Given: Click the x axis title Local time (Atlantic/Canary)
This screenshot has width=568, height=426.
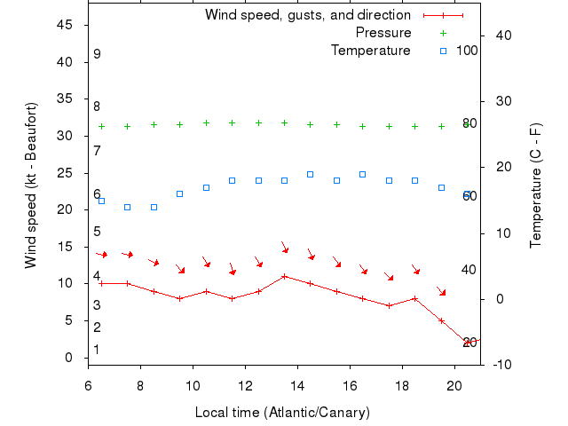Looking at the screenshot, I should coord(282,413).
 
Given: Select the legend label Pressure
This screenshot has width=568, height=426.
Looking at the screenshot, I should coord(383,33).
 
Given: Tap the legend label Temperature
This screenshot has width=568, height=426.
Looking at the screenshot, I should coord(371,51).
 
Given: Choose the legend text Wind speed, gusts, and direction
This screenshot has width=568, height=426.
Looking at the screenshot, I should coord(308,15).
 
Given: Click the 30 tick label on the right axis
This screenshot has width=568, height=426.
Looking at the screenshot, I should coord(501,101).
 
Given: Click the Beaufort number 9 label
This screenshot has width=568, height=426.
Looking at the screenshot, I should coord(97,54).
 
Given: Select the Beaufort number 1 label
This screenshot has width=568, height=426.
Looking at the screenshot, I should coord(97,350).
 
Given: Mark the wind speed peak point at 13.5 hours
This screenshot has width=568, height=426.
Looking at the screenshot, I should coord(284,276).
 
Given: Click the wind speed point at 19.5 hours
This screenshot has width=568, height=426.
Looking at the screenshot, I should coord(441,320).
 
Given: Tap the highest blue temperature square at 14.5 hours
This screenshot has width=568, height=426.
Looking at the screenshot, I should coord(310,174).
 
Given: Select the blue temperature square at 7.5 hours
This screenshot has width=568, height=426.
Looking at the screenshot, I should coord(127,207).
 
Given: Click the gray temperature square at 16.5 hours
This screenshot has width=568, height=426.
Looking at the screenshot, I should coord(362,174).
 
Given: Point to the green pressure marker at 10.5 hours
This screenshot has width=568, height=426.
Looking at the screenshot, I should coord(206,122).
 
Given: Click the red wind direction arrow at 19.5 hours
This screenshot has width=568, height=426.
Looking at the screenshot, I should coord(441,291).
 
